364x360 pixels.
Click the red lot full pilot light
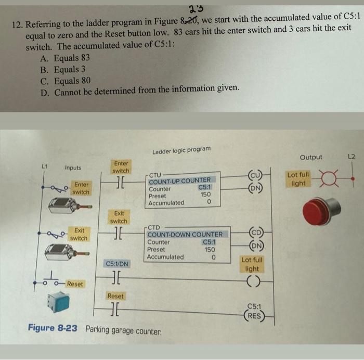click(320, 212)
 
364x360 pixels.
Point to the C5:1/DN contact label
click(117, 264)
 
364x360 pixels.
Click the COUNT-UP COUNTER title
click(179, 181)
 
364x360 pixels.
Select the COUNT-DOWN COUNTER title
click(185, 235)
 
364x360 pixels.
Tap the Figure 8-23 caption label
click(55, 329)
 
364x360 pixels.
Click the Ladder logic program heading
click(181, 150)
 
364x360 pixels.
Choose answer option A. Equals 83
click(64, 58)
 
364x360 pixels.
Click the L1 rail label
click(45, 165)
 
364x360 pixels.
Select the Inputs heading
click(73, 168)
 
